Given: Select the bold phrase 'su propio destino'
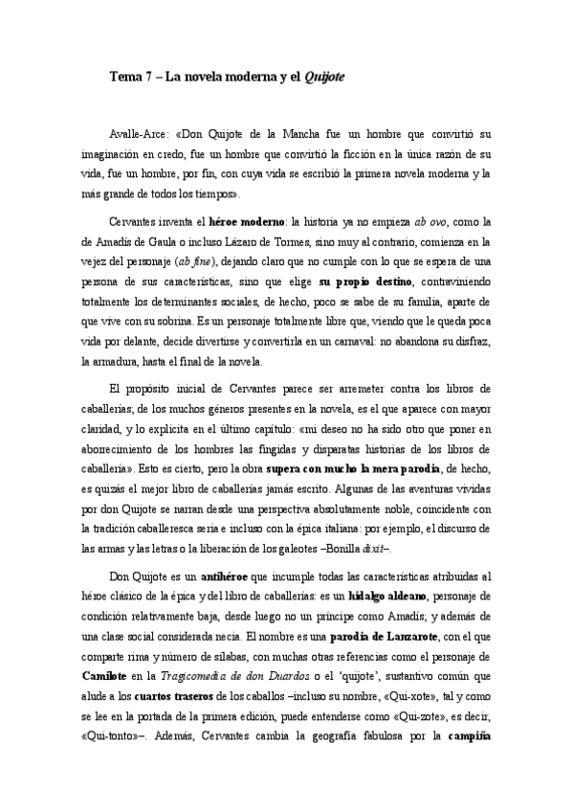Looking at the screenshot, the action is [365, 282].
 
